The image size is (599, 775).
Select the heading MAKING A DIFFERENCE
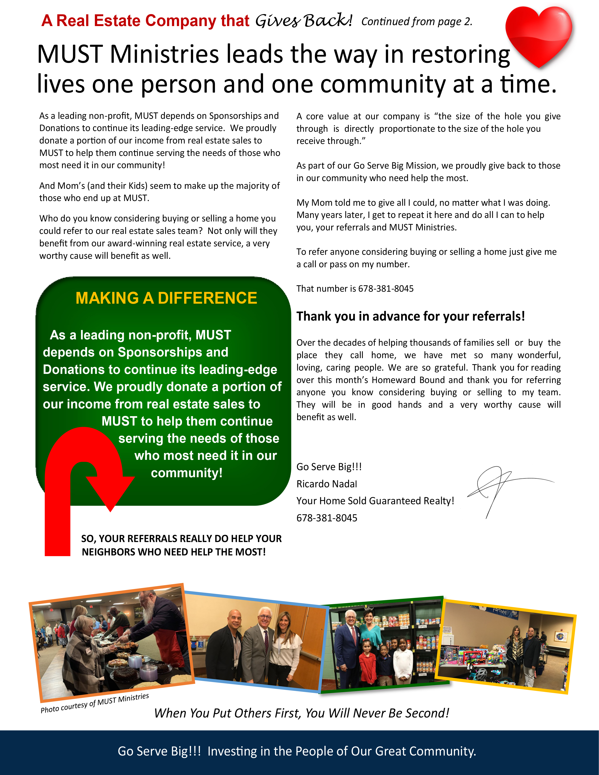(166, 298)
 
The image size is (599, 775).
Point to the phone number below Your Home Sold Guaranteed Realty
(327, 518)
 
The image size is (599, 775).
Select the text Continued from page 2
(417, 22)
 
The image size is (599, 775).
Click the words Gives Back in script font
(303, 21)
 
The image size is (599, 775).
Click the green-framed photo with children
(381, 644)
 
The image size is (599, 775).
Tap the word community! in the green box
(187, 473)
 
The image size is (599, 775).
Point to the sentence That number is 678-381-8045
(355, 288)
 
